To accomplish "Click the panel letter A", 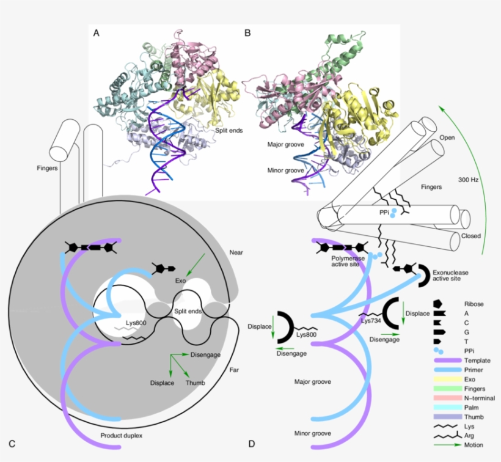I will [96, 33].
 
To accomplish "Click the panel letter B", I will [247, 33].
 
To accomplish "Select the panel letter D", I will [252, 443].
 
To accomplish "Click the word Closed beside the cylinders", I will [472, 235].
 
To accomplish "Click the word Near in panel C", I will [236, 251].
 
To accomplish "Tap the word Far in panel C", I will [235, 370].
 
